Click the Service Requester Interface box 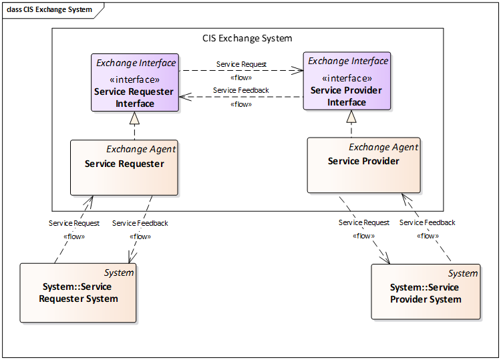click(135, 82)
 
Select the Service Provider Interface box click(347, 81)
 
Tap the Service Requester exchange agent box click(124, 168)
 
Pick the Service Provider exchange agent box click(363, 165)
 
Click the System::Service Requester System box click(78, 293)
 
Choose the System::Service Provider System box click(426, 292)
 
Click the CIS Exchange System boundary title click(247, 38)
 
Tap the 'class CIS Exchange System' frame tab click(49, 10)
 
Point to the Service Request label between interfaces click(241, 64)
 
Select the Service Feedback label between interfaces click(241, 90)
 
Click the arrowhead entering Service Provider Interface click(297, 70)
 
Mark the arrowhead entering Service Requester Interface click(185, 97)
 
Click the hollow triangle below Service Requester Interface click(134, 118)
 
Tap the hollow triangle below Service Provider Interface click(351, 117)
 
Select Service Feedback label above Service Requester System click(140, 223)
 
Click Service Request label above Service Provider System click(364, 222)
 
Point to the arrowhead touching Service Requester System click(132, 257)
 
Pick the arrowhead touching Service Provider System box click(385, 258)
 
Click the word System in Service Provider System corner click(463, 273)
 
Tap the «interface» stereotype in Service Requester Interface click(134, 79)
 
